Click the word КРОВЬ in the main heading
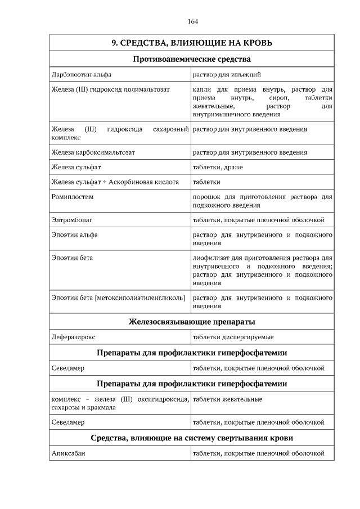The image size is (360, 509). pos(253,43)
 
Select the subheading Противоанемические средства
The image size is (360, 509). pos(192,59)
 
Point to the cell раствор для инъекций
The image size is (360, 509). pos(227,74)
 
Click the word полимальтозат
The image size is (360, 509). pos(144,89)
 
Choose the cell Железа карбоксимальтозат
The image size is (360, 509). pos(93,152)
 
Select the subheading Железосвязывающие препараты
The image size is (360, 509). pos(192,322)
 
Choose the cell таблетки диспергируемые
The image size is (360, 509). pos(233,337)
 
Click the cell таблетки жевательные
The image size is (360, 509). pos(227,399)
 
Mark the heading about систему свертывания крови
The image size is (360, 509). pos(192,438)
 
